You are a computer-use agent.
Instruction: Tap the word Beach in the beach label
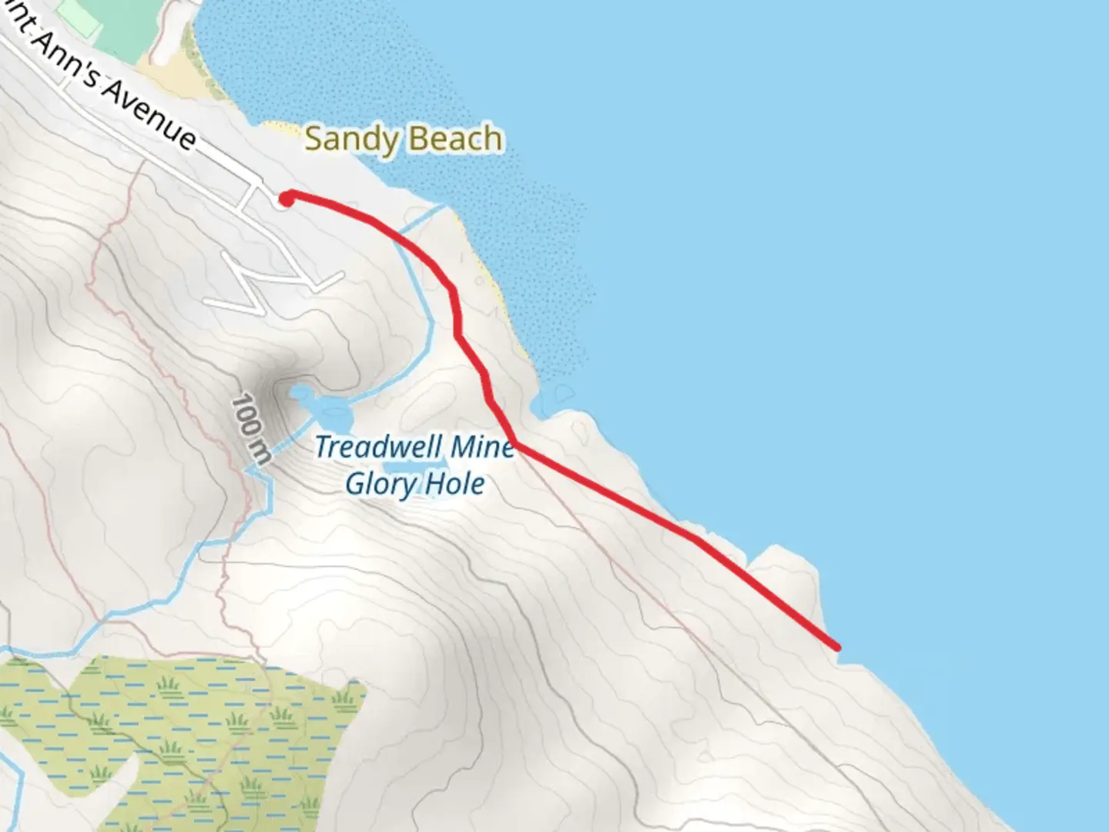coord(454,139)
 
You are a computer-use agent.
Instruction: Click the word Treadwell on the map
coord(378,447)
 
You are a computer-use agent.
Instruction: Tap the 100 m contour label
coord(251,428)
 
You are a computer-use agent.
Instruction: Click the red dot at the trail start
coord(285,200)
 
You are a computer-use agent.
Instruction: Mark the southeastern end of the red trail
coord(836,646)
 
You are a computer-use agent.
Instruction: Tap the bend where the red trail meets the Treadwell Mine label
coord(514,445)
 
